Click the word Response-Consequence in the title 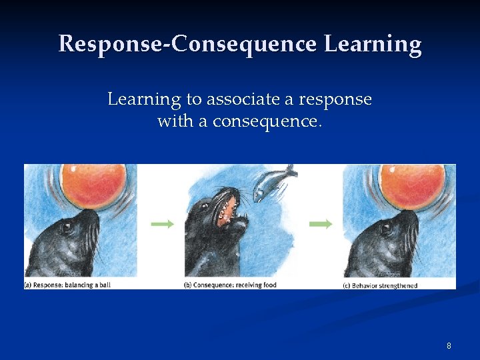pyautogui.click(x=187, y=44)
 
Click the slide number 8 pyautogui.click(x=449, y=346)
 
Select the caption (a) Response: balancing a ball pyautogui.click(x=68, y=285)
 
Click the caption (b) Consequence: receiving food pyautogui.click(x=230, y=285)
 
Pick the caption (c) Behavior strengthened pyautogui.click(x=379, y=285)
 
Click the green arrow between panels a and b pyautogui.click(x=162, y=224)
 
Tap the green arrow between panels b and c pyautogui.click(x=321, y=224)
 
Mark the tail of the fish pyautogui.click(x=291, y=172)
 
